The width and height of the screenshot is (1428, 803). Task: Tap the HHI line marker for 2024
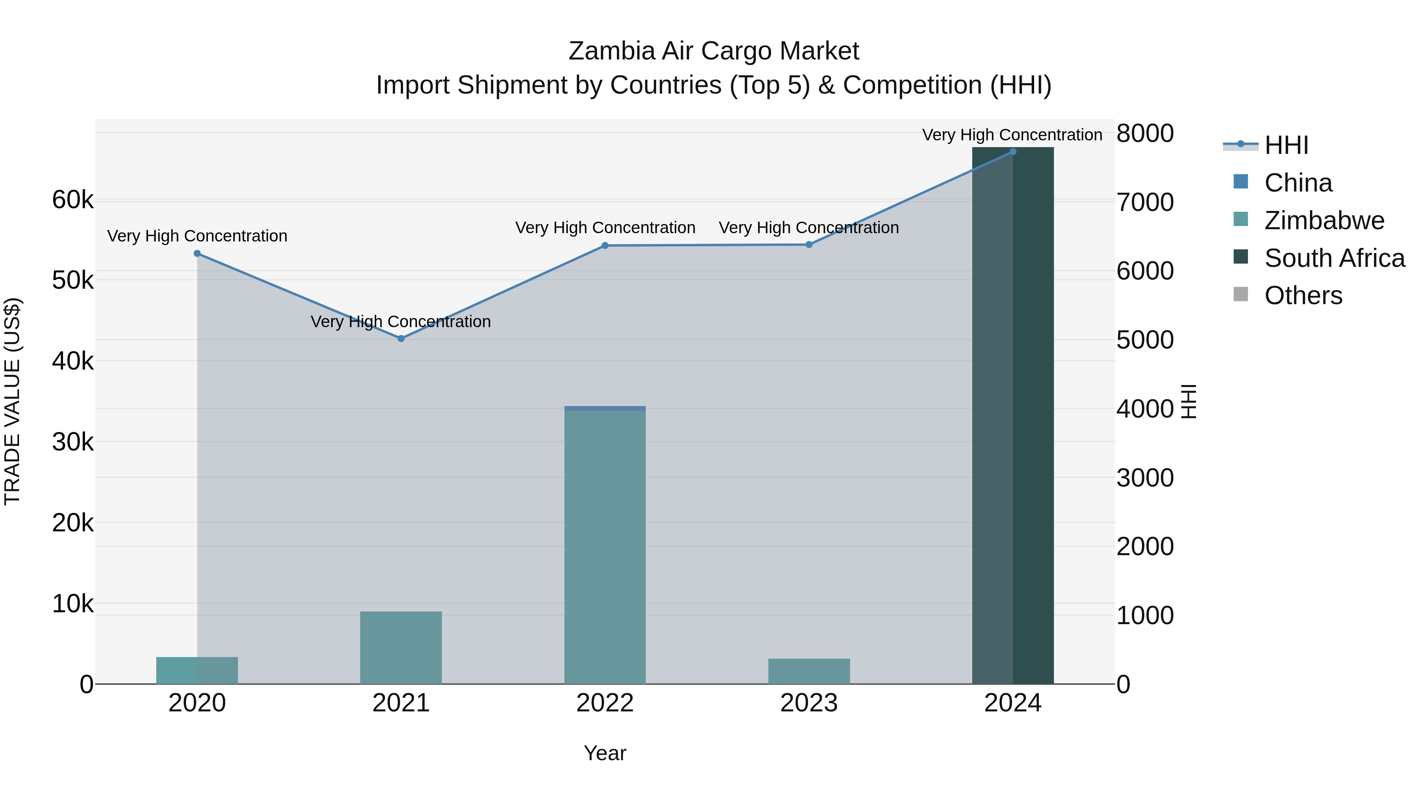pyautogui.click(x=1013, y=152)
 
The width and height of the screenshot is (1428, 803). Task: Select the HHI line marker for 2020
pyautogui.click(x=198, y=254)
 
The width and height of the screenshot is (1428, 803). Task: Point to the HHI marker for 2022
pyautogui.click(x=605, y=245)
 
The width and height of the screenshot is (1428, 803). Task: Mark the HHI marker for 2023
pyautogui.click(x=809, y=244)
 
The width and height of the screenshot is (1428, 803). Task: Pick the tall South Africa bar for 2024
pyautogui.click(x=1013, y=416)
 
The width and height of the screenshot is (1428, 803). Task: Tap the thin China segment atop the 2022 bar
pyautogui.click(x=605, y=408)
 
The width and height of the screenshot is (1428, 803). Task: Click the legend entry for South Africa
pyautogui.click(x=1334, y=258)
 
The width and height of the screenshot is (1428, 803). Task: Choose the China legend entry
pyautogui.click(x=1298, y=183)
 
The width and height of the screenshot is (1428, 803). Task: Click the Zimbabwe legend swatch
pyautogui.click(x=1241, y=219)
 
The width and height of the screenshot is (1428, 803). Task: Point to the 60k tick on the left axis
pyautogui.click(x=73, y=199)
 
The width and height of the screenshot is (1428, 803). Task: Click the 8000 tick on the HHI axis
pyautogui.click(x=1145, y=134)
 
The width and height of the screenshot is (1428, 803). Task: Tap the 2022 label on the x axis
pyautogui.click(x=605, y=703)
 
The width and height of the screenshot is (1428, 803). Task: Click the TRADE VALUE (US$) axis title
pyautogui.click(x=12, y=401)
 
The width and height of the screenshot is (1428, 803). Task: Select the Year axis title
pyautogui.click(x=605, y=753)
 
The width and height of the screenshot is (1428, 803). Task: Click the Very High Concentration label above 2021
pyautogui.click(x=401, y=322)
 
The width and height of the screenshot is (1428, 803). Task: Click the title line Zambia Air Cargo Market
pyautogui.click(x=714, y=51)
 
